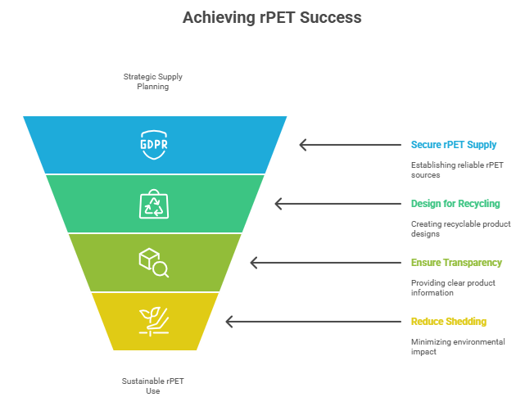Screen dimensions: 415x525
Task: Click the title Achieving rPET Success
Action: coord(272,17)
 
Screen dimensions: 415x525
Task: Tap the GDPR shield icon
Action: coord(154,145)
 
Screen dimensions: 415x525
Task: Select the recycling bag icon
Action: coord(154,204)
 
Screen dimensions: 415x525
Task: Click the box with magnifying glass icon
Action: coord(154,263)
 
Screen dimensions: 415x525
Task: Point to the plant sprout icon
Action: coord(154,321)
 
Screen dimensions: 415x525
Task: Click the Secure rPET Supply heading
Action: coord(454,145)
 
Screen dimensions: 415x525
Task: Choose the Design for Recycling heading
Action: coord(455,204)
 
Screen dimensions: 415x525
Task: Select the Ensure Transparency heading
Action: coord(456,263)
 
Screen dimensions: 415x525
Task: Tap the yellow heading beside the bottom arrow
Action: coord(448,322)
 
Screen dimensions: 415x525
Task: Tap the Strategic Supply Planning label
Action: coord(153,81)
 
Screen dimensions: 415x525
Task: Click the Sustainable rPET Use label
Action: coord(153,386)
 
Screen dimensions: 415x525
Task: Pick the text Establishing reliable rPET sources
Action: coord(457,169)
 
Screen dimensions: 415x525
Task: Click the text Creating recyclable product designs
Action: coord(460,228)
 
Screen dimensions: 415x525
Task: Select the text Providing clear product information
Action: coord(453,287)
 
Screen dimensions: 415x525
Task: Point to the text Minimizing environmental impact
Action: coord(458,346)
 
